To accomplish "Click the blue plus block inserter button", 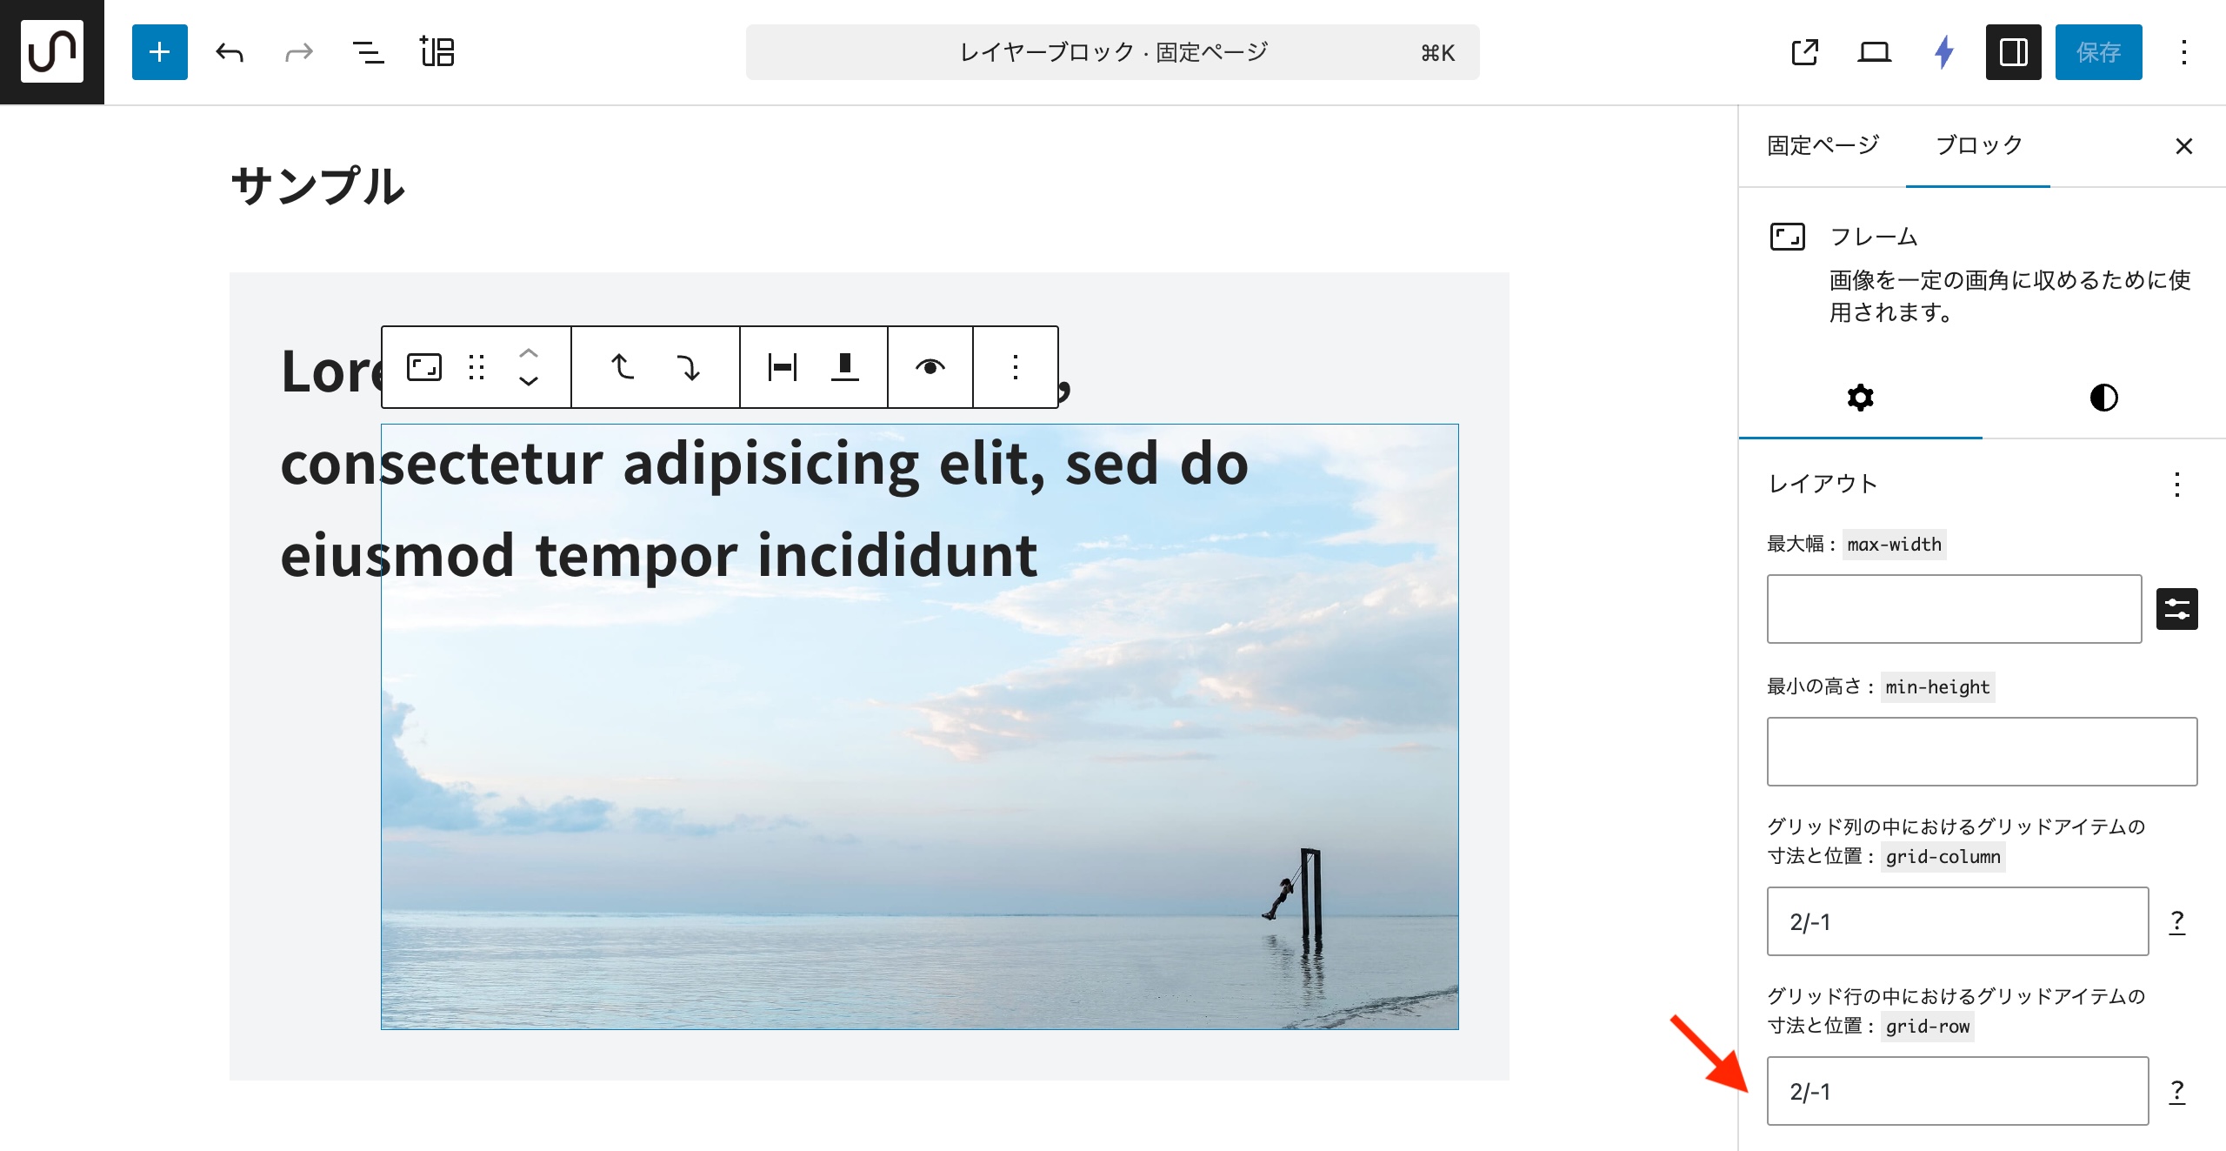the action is pyautogui.click(x=159, y=52).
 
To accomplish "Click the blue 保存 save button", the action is pyautogui.click(x=2098, y=52).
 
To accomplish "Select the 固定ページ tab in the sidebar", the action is pyautogui.click(x=1823, y=145).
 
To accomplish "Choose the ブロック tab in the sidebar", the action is pyautogui.click(x=1978, y=145).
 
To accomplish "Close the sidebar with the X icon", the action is pyautogui.click(x=2183, y=146).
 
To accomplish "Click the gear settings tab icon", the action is pyautogui.click(x=1860, y=398).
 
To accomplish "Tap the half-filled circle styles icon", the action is pyautogui.click(x=2103, y=398).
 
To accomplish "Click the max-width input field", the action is pyautogui.click(x=1954, y=609).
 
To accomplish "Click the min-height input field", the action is pyautogui.click(x=1982, y=752).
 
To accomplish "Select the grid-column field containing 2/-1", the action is pyautogui.click(x=1957, y=921).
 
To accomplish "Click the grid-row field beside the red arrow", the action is pyautogui.click(x=1957, y=1091).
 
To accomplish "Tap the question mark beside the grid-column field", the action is pyautogui.click(x=2176, y=921).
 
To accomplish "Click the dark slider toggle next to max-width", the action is pyautogui.click(x=2176, y=609).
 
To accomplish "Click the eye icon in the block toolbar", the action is pyautogui.click(x=930, y=367).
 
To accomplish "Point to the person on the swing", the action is pyautogui.click(x=1279, y=897).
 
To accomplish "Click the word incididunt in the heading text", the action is pyautogui.click(x=897, y=555).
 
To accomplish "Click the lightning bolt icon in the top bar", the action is pyautogui.click(x=1943, y=52).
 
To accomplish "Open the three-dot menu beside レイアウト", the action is pyautogui.click(x=2176, y=484).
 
